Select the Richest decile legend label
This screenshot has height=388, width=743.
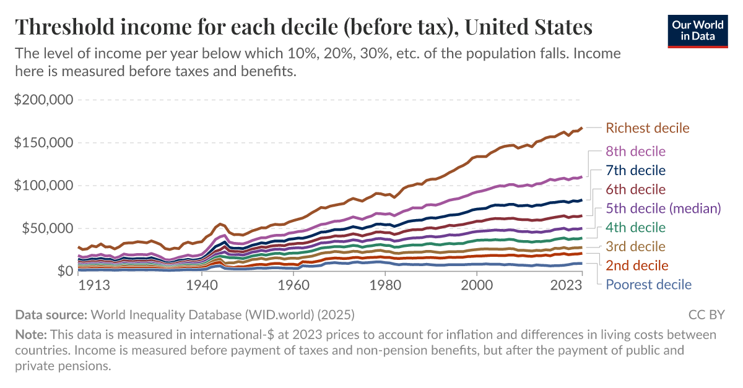point(647,128)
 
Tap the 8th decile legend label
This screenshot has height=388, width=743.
point(635,151)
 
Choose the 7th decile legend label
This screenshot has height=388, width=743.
point(635,170)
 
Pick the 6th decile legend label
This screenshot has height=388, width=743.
point(635,189)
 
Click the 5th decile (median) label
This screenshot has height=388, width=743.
point(663,208)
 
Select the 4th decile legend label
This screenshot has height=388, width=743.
point(635,227)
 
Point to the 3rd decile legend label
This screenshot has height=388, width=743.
point(635,246)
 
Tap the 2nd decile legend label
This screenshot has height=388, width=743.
point(637,265)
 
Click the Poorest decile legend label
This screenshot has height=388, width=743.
point(648,285)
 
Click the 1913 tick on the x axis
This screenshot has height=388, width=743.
point(95,287)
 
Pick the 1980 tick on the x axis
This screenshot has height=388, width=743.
point(385,287)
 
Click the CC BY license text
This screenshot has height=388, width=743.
point(706,314)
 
